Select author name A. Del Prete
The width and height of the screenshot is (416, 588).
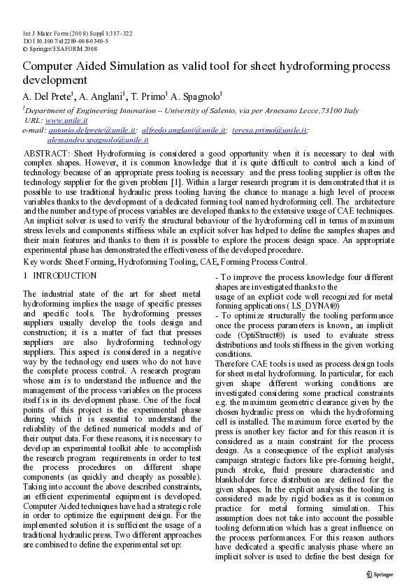(x=47, y=96)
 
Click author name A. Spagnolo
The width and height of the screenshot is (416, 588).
(x=196, y=96)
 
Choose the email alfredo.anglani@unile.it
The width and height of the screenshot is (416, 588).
(x=183, y=131)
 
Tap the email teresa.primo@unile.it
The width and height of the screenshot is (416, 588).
(x=270, y=131)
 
